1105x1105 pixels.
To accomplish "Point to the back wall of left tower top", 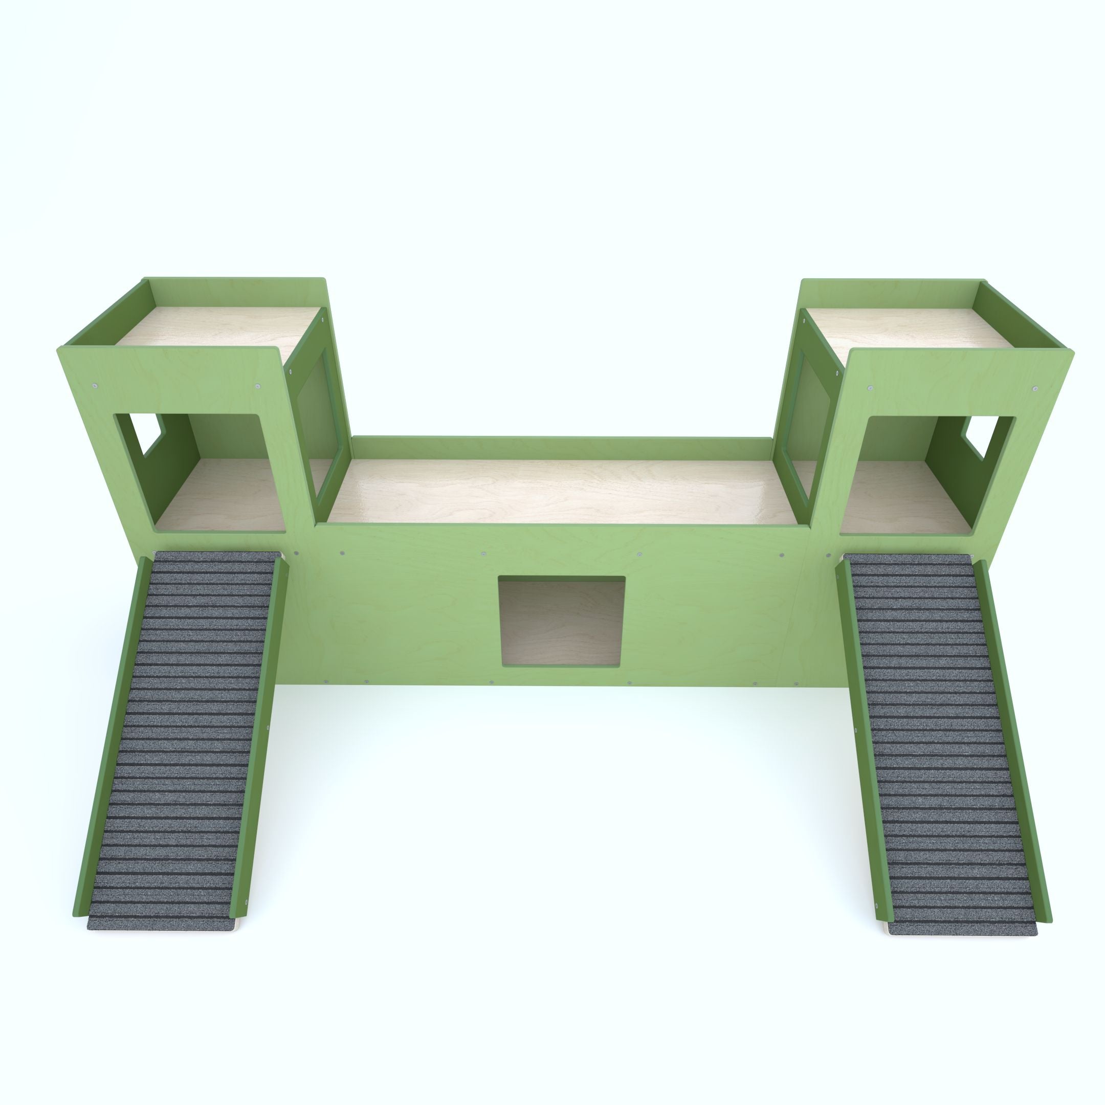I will coord(234,292).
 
